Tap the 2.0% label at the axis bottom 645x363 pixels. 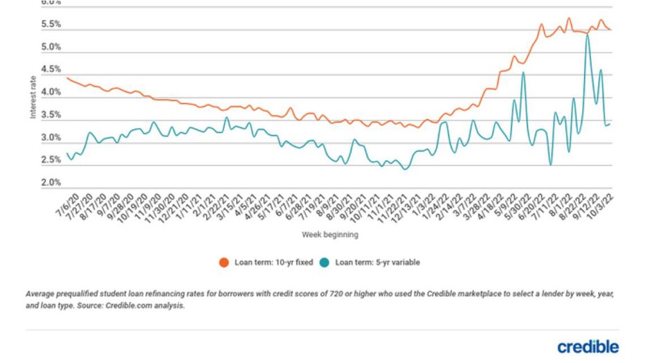point(52,183)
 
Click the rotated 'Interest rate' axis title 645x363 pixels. point(33,98)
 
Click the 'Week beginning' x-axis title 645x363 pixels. point(329,235)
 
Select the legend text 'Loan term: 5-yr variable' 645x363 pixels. point(377,263)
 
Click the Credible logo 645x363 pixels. point(588,346)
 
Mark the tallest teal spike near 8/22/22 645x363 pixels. point(588,35)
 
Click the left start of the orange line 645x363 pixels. point(66,78)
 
